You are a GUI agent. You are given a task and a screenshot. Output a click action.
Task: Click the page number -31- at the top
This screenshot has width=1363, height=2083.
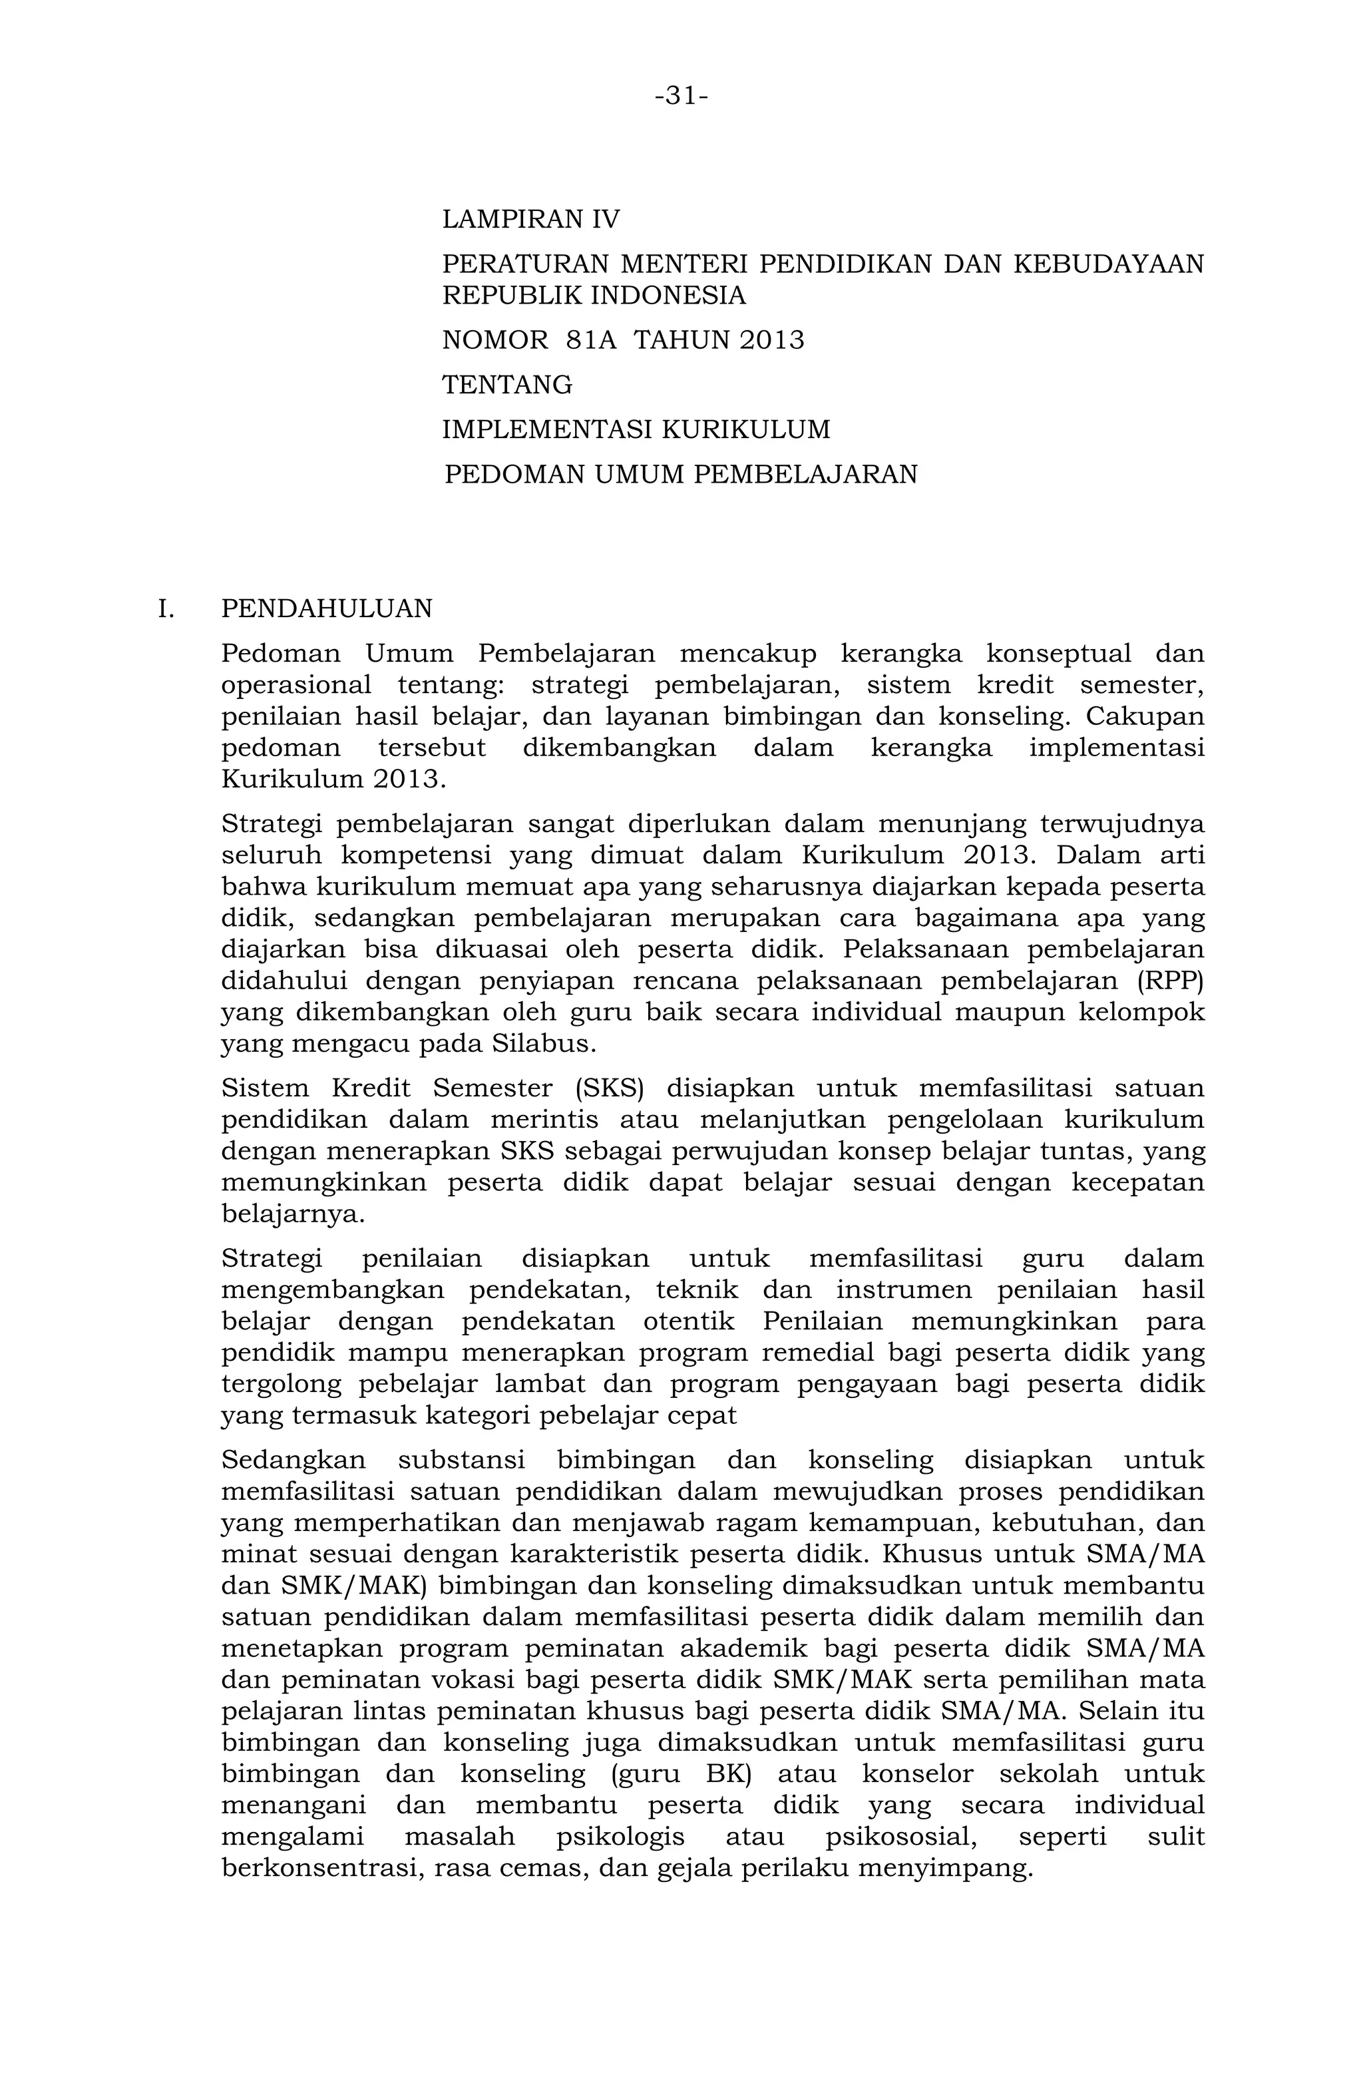pyautogui.click(x=681, y=95)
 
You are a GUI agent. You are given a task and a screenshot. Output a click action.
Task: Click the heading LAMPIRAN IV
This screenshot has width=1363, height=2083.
pyautogui.click(x=531, y=219)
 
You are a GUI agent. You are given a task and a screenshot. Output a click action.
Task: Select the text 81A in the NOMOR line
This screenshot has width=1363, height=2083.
pyautogui.click(x=592, y=340)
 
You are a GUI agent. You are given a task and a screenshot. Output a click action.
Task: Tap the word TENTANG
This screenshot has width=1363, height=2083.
pyautogui.click(x=507, y=384)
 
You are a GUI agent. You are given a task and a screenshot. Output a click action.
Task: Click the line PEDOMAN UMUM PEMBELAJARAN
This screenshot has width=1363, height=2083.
pyautogui.click(x=681, y=475)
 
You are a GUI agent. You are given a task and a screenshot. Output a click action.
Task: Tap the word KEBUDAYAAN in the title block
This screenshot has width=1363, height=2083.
pyautogui.click(x=1107, y=264)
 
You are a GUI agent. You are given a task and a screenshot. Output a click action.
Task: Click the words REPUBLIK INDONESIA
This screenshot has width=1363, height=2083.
pyautogui.click(x=594, y=295)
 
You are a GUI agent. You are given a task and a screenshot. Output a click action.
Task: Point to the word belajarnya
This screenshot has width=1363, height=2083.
pyautogui.click(x=292, y=1214)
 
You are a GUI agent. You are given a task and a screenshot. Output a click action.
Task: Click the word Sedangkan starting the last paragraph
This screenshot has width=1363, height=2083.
pyautogui.click(x=293, y=1461)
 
